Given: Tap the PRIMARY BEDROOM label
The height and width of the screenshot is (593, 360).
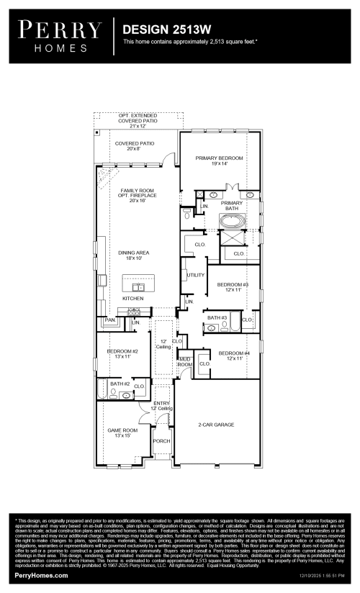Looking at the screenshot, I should (x=220, y=160).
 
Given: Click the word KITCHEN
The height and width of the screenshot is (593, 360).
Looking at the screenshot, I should (x=133, y=298).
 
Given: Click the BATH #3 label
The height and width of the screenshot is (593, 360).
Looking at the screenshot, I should (x=217, y=317).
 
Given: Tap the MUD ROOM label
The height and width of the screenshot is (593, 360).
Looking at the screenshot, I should (x=185, y=362).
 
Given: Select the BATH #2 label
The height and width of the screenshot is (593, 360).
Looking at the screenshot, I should (x=120, y=384).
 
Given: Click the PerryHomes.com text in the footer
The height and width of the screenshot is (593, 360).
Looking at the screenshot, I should (x=41, y=576).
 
